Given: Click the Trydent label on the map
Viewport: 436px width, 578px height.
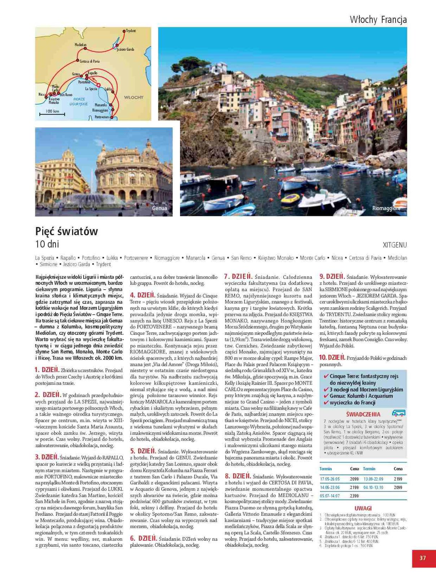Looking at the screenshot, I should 131,31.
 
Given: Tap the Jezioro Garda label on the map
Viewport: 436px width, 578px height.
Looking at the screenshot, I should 125,49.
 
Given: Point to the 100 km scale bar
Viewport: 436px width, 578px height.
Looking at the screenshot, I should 53,113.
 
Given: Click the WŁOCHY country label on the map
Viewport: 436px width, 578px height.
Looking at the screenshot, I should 134,98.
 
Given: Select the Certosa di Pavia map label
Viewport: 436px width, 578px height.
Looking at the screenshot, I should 90,61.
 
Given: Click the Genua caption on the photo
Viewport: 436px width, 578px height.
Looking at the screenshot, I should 160,208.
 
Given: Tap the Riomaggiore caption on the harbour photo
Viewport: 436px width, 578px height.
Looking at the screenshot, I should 386,208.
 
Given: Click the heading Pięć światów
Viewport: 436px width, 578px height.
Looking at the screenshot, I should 66,231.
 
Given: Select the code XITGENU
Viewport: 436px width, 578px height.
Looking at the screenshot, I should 394,245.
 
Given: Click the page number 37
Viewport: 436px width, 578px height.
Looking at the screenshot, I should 423,558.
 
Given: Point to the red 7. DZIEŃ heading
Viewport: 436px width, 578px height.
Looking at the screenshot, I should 238,277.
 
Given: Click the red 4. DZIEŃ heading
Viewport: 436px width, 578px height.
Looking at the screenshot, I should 143,295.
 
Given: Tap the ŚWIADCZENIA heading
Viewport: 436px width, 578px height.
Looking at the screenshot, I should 363,414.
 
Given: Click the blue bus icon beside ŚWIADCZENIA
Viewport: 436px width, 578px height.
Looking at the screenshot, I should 398,413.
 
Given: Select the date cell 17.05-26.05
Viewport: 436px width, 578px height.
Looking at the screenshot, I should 330,479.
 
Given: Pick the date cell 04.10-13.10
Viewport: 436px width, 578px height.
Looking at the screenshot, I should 373,488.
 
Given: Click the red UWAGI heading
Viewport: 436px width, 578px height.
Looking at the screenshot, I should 363,508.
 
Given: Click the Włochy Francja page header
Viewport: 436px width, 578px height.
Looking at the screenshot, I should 378,20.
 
